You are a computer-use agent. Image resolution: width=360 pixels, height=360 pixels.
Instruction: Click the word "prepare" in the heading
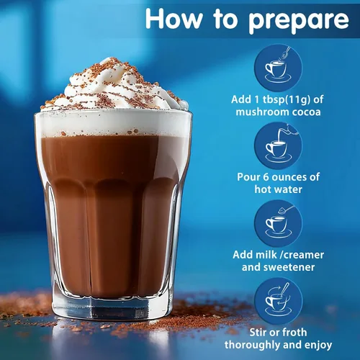[299, 21]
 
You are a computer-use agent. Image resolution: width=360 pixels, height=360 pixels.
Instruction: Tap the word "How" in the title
[174, 19]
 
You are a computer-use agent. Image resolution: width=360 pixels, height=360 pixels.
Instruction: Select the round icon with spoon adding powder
[278, 68]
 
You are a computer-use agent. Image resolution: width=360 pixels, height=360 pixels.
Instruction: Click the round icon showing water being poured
[278, 146]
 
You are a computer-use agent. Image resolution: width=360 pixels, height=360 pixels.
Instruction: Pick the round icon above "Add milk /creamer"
[278, 224]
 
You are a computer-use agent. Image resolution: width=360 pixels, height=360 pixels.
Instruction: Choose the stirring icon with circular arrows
[278, 302]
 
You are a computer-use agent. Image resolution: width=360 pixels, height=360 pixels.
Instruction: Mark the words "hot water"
[278, 189]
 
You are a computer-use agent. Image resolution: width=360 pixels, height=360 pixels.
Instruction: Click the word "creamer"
[304, 255]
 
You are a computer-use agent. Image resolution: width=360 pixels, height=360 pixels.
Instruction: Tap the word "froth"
[292, 333]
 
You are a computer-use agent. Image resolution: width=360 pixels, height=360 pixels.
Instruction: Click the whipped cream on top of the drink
[114, 84]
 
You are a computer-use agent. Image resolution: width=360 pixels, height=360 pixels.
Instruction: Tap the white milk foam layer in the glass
[113, 124]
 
